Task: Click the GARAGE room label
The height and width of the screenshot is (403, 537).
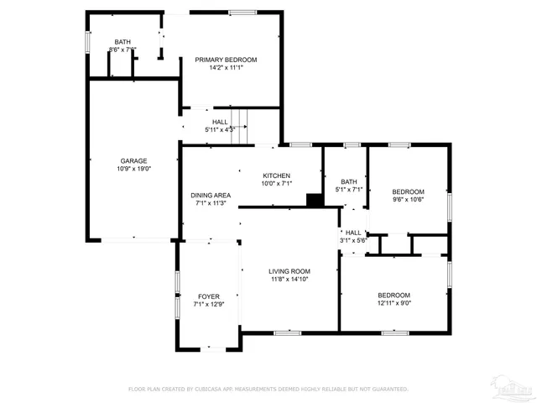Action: (133, 160)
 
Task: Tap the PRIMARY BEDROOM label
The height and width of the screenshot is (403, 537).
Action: (226, 60)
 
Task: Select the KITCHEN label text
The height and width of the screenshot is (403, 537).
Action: (276, 175)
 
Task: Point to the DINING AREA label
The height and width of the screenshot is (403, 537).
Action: (211, 195)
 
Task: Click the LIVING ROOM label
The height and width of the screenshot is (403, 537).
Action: (289, 271)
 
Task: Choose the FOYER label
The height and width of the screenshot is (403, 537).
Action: (209, 296)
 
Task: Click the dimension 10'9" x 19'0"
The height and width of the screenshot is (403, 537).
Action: (133, 169)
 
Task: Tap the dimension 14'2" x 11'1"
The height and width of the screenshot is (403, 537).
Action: (226, 68)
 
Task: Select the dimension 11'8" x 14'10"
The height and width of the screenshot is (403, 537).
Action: (289, 280)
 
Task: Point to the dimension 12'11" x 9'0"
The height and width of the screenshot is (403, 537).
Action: (394, 303)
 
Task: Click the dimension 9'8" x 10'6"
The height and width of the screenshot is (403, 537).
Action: (409, 200)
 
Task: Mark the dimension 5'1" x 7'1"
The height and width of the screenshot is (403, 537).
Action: (348, 190)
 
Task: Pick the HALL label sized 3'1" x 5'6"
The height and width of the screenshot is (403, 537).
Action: (353, 233)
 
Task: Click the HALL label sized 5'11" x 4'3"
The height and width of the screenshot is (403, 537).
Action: (220, 122)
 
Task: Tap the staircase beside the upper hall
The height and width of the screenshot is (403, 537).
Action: (239, 126)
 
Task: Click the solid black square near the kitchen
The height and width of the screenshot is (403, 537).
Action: (315, 200)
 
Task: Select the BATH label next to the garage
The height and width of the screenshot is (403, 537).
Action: (123, 42)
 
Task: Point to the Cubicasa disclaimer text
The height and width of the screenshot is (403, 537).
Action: (268, 390)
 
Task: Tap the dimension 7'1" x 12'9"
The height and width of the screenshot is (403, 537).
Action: (209, 305)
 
